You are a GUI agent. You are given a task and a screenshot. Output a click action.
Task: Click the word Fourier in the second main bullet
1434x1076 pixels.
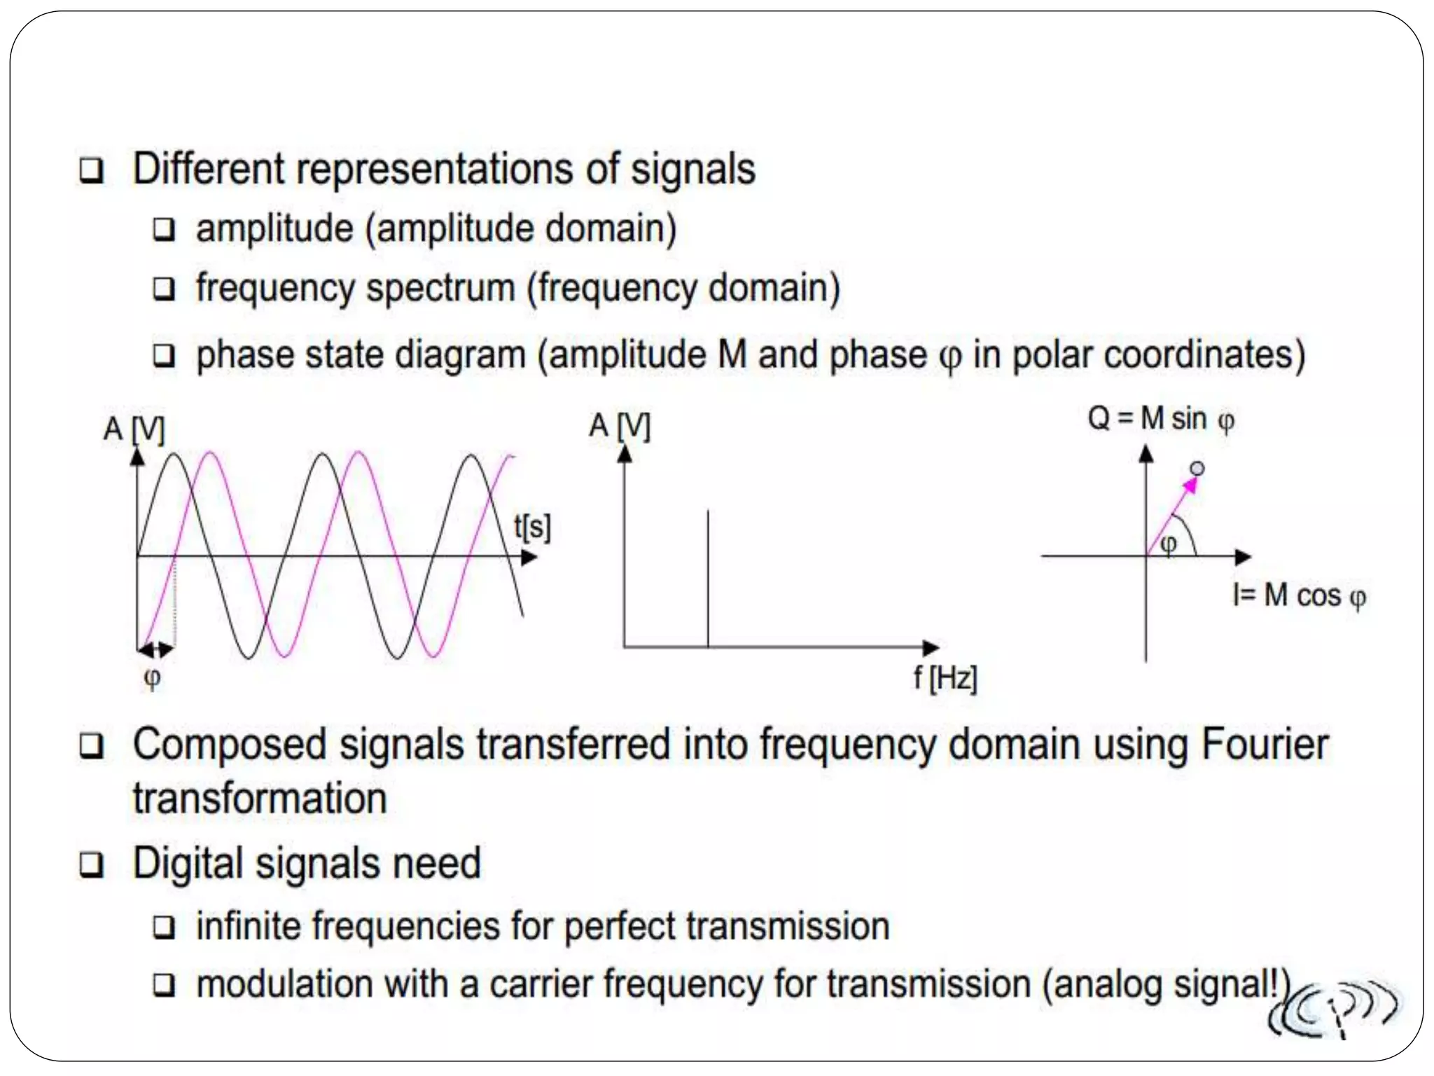coord(1265,745)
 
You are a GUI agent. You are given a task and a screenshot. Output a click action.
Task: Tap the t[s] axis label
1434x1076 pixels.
coord(532,527)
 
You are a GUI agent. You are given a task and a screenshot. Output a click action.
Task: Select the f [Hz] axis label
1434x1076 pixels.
coord(945,678)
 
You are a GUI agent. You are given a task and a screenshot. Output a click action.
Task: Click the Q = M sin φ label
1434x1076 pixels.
coord(1160,420)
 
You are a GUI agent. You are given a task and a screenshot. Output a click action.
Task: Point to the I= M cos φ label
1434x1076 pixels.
coord(1299,596)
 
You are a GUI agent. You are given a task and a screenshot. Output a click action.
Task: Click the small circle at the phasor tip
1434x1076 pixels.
coord(1197,468)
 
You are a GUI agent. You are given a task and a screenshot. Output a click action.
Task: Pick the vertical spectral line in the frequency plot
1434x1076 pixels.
coord(708,578)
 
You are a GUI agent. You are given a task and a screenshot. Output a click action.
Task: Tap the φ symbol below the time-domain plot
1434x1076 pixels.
coord(152,677)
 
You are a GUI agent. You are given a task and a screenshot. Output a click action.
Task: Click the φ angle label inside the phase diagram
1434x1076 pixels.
coord(1168,544)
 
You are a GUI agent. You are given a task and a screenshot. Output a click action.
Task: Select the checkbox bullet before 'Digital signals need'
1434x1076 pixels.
coord(92,865)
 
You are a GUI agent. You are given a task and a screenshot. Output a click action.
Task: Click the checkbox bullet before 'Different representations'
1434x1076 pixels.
coord(92,170)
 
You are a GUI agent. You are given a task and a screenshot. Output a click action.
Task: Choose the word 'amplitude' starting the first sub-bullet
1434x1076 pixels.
coord(274,229)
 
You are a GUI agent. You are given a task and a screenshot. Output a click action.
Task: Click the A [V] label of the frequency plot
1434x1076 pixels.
coord(620,427)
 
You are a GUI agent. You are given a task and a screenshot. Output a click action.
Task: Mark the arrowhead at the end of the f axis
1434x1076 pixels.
coord(931,647)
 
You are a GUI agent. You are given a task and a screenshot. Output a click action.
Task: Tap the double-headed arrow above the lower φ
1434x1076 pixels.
coord(155,649)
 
